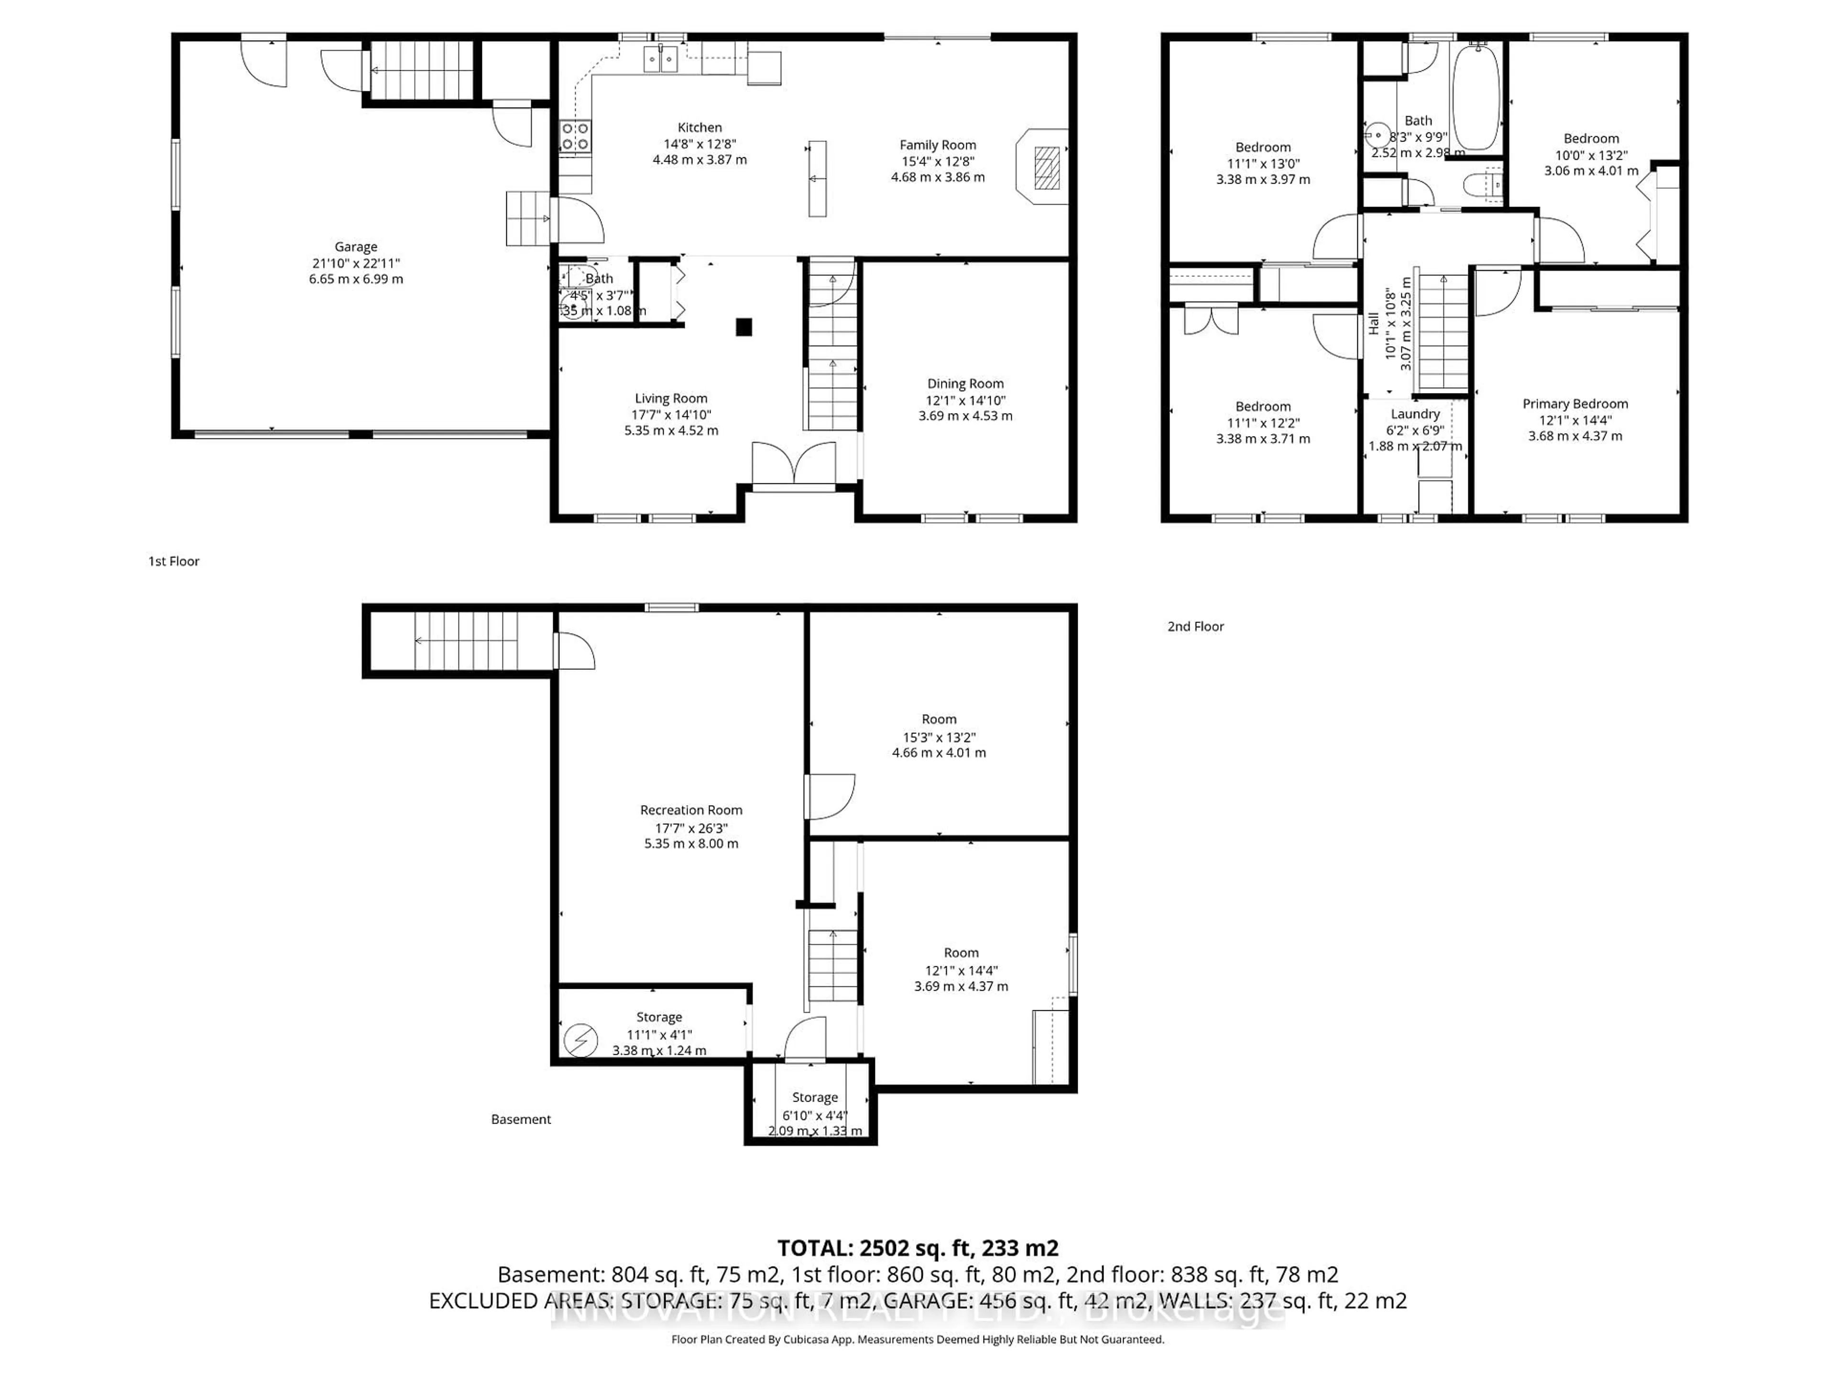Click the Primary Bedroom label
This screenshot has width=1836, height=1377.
click(x=1574, y=404)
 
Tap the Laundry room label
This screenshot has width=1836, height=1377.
click(x=1415, y=414)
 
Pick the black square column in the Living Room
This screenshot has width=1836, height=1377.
click(x=743, y=327)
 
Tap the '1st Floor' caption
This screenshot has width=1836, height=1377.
click(x=174, y=561)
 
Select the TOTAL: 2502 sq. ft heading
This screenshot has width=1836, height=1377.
click(x=917, y=1247)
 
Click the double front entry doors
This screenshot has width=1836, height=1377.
click(x=794, y=465)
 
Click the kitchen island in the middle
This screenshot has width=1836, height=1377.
click(x=818, y=178)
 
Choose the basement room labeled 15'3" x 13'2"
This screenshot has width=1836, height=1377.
click(x=939, y=736)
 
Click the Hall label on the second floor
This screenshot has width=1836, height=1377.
click(x=1374, y=324)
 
